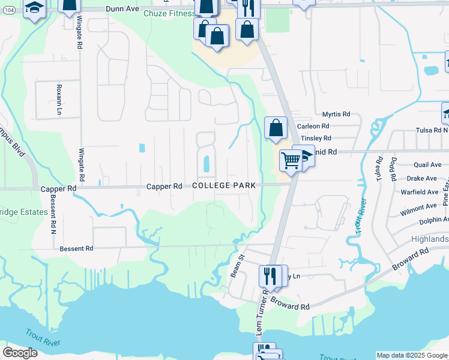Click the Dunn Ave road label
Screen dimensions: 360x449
tap(122, 9)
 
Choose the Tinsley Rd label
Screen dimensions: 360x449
tap(316, 138)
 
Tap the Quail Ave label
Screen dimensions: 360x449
tap(427, 165)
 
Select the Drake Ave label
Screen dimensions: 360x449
tap(422, 178)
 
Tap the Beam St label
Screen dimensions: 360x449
tap(235, 265)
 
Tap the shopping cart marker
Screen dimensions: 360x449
tap(291, 160)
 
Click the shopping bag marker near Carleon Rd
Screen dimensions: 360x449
tap(276, 127)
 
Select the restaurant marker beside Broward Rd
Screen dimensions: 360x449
tap(269, 276)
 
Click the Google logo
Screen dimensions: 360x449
tap(20, 352)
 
